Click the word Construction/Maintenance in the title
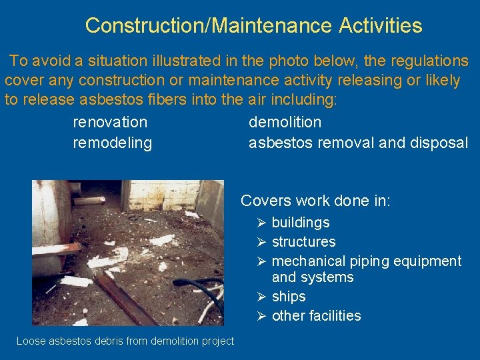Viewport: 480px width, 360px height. (x=208, y=26)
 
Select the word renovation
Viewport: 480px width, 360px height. (x=110, y=122)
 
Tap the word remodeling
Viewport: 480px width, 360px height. (x=112, y=143)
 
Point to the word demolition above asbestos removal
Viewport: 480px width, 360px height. (x=285, y=122)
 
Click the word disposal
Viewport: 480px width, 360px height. (x=439, y=143)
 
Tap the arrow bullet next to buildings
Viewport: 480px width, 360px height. (x=261, y=223)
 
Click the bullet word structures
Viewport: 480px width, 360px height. (x=303, y=242)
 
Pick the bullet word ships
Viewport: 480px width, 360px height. (x=289, y=297)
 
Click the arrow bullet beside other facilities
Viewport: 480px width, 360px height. (x=261, y=316)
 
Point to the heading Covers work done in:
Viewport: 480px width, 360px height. (x=315, y=201)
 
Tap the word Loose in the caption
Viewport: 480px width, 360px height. (x=30, y=341)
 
